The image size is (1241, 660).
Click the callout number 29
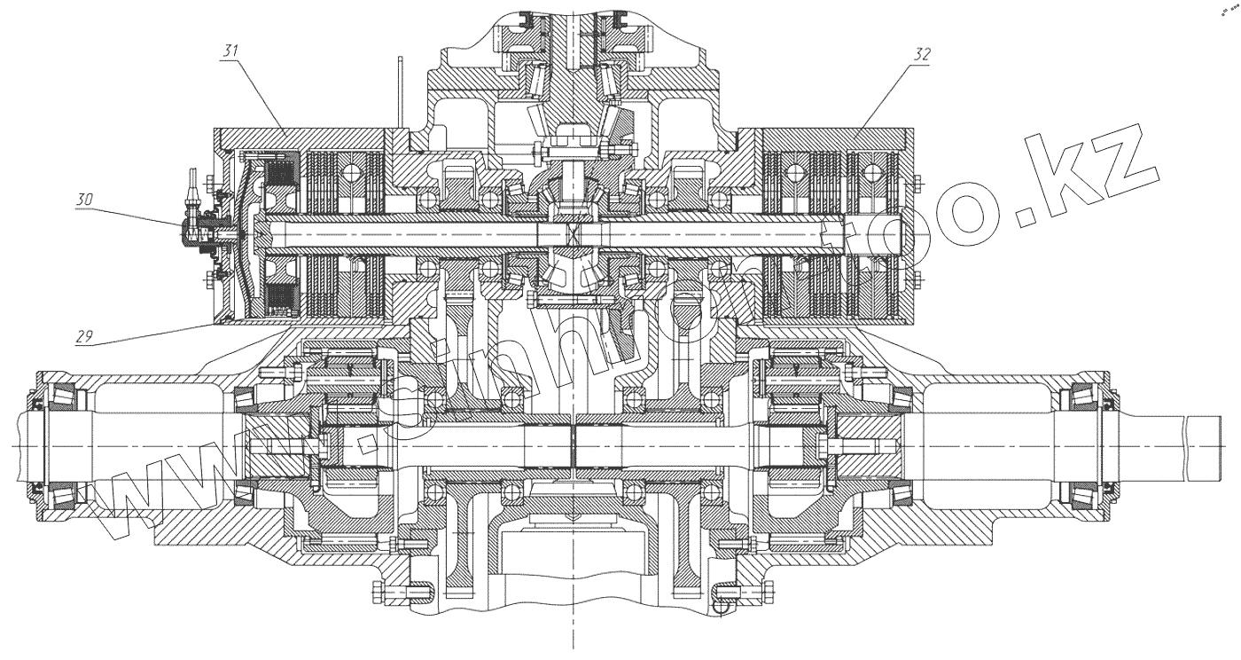[85, 336]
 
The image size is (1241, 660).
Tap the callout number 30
[85, 200]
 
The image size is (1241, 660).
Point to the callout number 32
[921, 53]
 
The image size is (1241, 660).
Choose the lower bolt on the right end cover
[919, 281]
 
